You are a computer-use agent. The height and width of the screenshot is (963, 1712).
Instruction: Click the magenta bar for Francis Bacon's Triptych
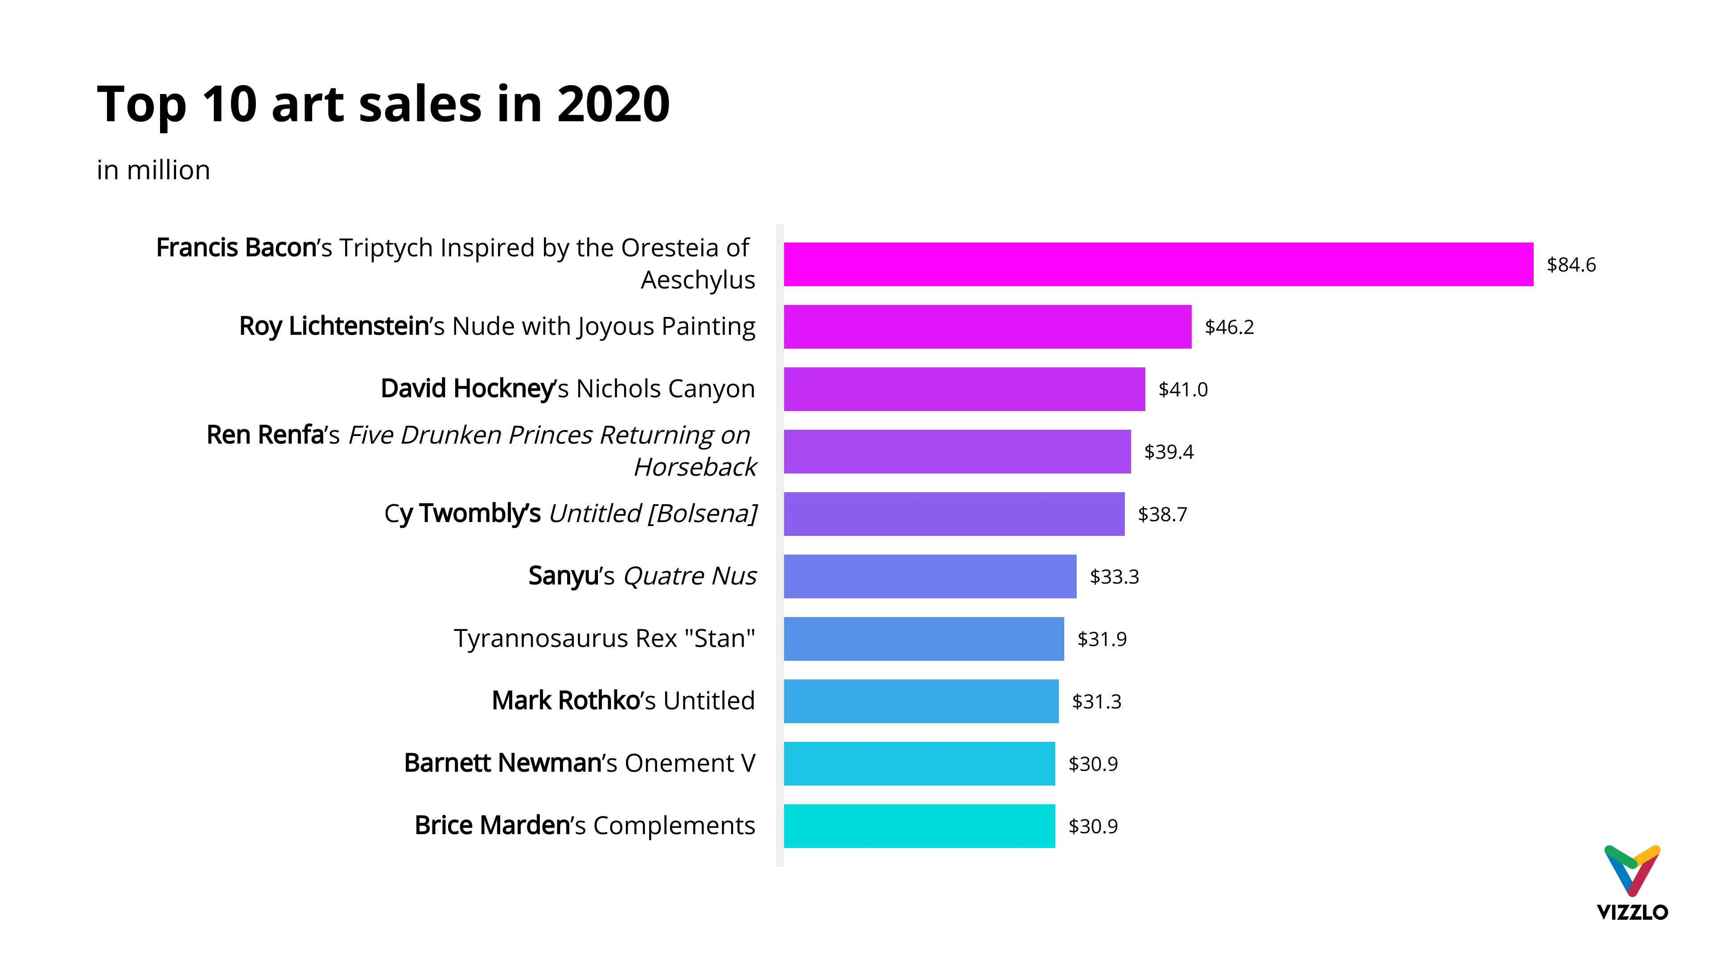point(1158,264)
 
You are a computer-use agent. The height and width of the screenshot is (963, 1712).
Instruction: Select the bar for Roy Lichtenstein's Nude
point(987,327)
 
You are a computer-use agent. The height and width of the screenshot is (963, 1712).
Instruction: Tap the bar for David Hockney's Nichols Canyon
point(963,390)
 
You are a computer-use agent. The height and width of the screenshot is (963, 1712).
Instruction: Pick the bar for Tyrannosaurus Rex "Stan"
point(923,639)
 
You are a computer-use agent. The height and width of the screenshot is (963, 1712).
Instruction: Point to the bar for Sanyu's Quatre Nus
point(929,576)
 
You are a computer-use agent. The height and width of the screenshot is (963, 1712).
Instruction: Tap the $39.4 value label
point(1169,452)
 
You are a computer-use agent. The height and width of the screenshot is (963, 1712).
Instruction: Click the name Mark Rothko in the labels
point(565,700)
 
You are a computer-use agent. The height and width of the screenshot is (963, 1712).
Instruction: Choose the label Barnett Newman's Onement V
point(580,763)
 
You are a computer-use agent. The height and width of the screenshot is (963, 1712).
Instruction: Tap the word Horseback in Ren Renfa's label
point(695,467)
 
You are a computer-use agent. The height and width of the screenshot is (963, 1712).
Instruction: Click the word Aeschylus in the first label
point(697,280)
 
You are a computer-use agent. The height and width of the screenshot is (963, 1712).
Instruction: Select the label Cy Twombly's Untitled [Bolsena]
point(570,514)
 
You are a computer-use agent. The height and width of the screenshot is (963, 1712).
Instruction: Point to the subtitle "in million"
point(153,170)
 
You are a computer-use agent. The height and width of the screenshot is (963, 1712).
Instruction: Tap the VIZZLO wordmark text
point(1632,912)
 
